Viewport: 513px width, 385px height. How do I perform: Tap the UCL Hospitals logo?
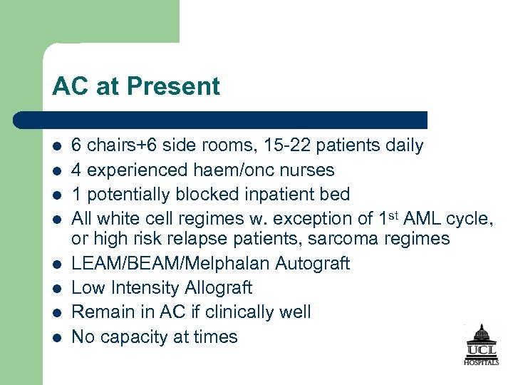[482, 345]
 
